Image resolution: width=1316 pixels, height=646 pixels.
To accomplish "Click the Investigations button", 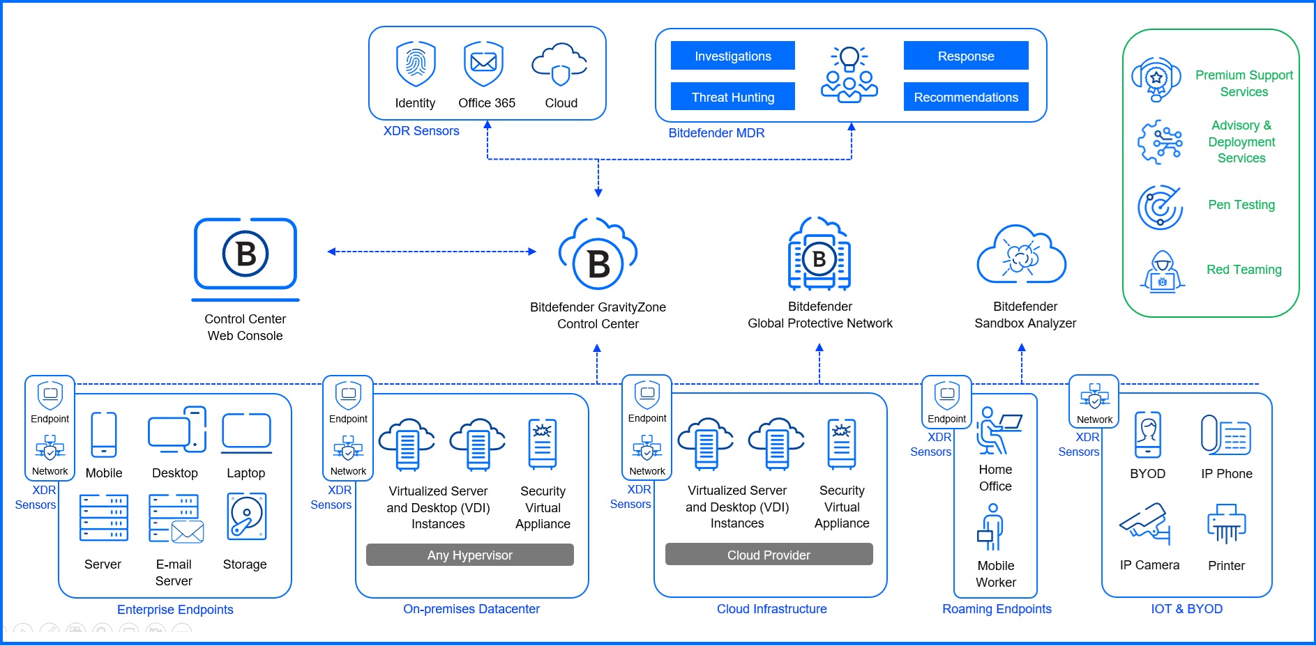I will pyautogui.click(x=732, y=56).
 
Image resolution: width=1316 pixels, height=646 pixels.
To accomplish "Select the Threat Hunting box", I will pyautogui.click(x=732, y=97).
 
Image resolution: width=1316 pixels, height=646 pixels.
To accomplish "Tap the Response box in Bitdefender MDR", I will pyautogui.click(x=965, y=56).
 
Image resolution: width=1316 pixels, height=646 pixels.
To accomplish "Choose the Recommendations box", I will pyautogui.click(x=965, y=97).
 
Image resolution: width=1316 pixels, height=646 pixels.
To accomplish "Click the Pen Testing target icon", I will pyautogui.click(x=1160, y=207).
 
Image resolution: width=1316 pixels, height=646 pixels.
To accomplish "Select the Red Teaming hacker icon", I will pyautogui.click(x=1162, y=272).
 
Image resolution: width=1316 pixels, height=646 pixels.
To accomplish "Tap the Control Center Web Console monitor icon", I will pyautogui.click(x=245, y=254).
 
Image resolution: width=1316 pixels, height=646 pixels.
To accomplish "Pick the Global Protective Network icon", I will pyautogui.click(x=819, y=254).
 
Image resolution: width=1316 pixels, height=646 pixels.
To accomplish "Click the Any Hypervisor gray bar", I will pyautogui.click(x=469, y=555).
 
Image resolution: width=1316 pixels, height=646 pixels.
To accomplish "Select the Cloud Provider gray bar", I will pyautogui.click(x=769, y=555).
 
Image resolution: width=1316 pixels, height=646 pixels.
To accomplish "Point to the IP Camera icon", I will pyautogui.click(x=1145, y=523).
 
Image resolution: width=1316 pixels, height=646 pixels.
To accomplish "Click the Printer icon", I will pyautogui.click(x=1226, y=523).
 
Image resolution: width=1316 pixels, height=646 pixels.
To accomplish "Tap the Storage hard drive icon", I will pyautogui.click(x=246, y=517).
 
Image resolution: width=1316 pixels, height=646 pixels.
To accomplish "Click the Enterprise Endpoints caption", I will pyautogui.click(x=175, y=610).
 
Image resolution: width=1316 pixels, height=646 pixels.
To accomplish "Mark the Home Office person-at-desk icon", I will pyautogui.click(x=997, y=430).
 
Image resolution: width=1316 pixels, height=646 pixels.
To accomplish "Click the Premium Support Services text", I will pyautogui.click(x=1243, y=84).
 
